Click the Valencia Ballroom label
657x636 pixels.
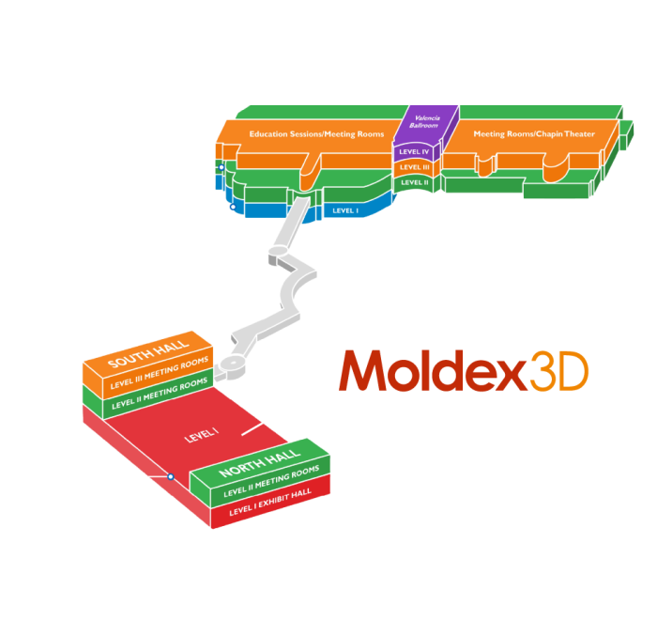coord(424,122)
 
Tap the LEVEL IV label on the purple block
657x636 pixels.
coord(414,152)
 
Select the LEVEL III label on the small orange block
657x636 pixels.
coord(415,167)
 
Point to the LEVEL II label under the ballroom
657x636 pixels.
coord(415,182)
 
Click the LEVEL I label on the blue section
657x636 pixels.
coord(345,210)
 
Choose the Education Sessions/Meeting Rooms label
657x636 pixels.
coord(317,134)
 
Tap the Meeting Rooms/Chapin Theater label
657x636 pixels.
coord(534,134)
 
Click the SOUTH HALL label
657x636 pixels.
coord(148,353)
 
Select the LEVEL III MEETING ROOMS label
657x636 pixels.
coord(160,373)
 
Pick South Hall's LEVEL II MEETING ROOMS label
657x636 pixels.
coord(160,393)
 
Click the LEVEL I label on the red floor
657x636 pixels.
coord(202,435)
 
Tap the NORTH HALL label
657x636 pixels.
coord(260,463)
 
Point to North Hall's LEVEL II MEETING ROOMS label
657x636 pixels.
coord(271,481)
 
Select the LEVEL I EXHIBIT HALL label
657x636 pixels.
coord(270,502)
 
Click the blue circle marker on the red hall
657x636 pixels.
coord(171,476)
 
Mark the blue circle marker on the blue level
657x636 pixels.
coord(233,207)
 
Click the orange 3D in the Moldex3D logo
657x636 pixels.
coord(559,371)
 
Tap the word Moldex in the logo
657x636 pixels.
coord(434,370)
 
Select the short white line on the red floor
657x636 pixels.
coord(252,429)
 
